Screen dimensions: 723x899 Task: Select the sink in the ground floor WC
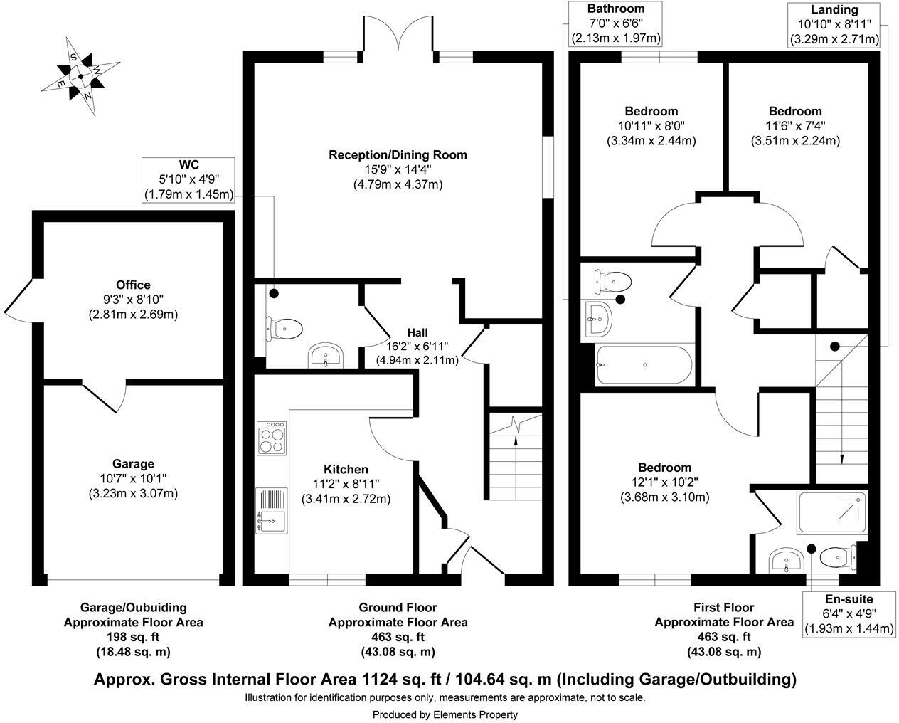pos(326,355)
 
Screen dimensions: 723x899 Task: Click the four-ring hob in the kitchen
pos(272,438)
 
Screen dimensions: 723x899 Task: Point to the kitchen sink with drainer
pos(272,510)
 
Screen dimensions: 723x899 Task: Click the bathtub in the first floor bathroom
pos(644,364)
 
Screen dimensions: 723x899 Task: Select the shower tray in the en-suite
pos(833,512)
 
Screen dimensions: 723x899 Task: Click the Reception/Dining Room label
pos(398,154)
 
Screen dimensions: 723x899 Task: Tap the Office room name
pos(133,285)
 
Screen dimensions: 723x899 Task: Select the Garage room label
pos(133,464)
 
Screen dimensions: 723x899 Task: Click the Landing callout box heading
pos(834,9)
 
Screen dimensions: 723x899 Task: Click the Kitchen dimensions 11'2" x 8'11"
pos(346,484)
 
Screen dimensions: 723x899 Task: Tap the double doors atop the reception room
pos(398,36)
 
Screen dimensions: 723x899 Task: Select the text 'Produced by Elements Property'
pos(445,714)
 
